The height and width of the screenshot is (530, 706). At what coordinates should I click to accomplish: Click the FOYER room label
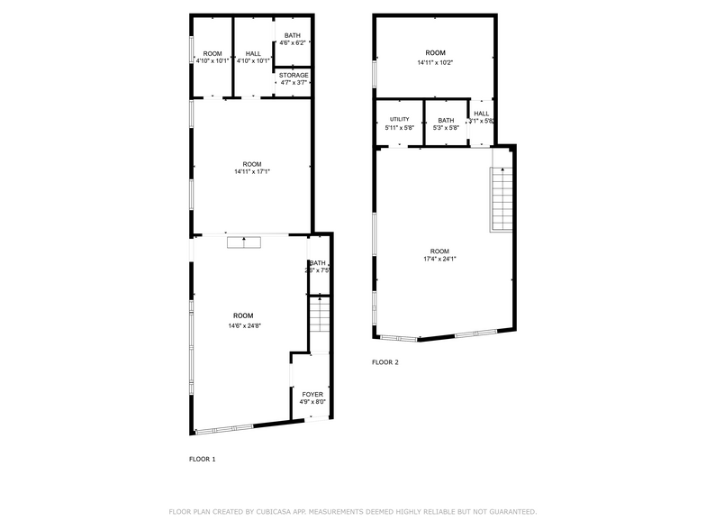312,395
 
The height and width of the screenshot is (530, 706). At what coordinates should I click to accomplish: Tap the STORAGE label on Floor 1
294,75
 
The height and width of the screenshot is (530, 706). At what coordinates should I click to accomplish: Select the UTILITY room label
399,119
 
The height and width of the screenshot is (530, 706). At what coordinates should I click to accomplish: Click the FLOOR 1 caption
202,459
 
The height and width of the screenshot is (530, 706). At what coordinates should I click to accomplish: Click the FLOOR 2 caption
385,362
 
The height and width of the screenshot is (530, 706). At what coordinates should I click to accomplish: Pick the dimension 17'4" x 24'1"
439,260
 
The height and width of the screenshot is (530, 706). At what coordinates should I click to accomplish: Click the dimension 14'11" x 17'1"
252,171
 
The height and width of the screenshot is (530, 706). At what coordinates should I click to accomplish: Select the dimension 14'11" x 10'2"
435,62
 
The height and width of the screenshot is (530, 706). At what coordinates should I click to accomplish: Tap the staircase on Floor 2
501,200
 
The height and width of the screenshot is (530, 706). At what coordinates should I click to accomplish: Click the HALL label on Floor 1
253,54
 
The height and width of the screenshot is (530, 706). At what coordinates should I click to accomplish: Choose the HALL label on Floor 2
481,114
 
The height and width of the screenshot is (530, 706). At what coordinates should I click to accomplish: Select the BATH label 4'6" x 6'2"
294,42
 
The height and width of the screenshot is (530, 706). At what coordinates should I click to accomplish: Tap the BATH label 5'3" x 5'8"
446,127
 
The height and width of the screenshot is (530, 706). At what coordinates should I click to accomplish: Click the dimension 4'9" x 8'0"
312,403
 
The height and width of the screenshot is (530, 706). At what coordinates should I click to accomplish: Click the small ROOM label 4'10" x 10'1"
213,61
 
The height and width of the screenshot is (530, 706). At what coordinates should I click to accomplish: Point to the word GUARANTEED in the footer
508,511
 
